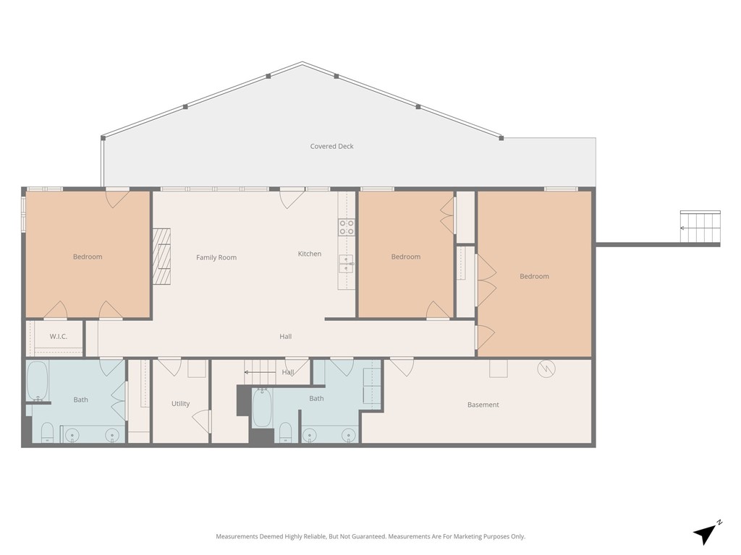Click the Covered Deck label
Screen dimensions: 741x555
(x=331, y=146)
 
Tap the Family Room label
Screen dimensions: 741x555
(x=216, y=258)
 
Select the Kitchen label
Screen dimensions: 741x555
(x=310, y=254)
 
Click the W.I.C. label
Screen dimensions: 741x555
(x=59, y=337)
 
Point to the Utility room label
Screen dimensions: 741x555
(x=180, y=404)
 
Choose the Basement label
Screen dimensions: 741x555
(x=483, y=405)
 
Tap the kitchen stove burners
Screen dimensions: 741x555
(x=347, y=227)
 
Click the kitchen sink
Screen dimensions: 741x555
(x=347, y=263)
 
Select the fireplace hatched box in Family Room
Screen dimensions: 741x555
(x=161, y=257)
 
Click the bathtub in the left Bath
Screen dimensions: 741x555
(x=38, y=381)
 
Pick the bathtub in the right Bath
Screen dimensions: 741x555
(x=262, y=408)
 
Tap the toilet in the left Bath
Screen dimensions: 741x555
(x=47, y=432)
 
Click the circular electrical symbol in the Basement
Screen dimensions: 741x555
(x=546, y=369)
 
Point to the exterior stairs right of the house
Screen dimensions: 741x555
(x=700, y=228)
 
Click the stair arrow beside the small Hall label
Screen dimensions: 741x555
(x=260, y=372)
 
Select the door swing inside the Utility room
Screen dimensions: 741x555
(x=202, y=421)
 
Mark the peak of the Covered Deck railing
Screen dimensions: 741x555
(x=302, y=62)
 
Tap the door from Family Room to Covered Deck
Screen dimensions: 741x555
(x=292, y=197)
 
